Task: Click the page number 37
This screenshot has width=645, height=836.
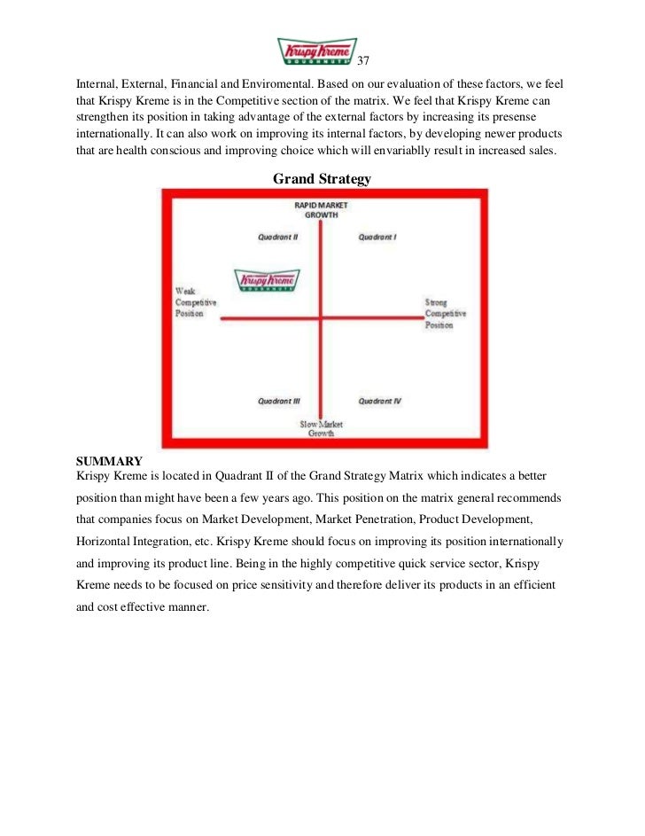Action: point(362,61)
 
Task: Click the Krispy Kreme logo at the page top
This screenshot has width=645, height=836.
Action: point(317,51)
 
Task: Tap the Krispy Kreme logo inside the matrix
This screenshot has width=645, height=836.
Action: point(266,281)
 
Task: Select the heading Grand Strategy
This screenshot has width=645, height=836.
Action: point(322,179)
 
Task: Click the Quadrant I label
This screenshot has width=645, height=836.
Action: point(377,237)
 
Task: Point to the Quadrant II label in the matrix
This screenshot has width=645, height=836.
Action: point(277,237)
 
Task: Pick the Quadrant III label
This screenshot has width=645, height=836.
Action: point(278,401)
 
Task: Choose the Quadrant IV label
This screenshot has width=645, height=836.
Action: point(380,401)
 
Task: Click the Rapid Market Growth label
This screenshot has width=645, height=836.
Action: point(322,209)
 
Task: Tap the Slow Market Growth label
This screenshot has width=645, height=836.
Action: point(321,429)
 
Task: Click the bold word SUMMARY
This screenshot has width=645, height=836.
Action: point(109,462)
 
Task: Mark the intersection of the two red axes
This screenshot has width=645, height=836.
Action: point(322,317)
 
